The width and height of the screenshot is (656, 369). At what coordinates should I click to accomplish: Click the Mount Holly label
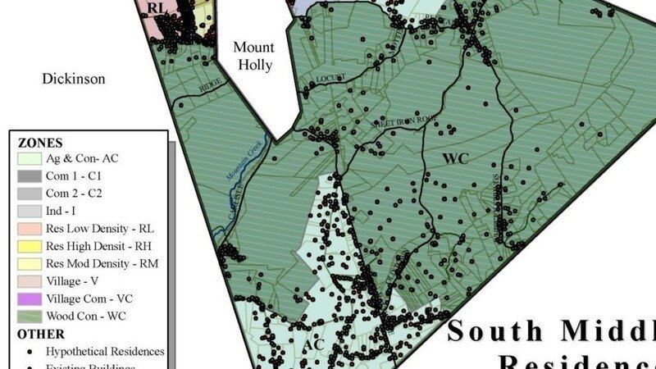coord(253,56)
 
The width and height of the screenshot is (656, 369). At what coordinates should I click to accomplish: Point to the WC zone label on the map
coord(455,157)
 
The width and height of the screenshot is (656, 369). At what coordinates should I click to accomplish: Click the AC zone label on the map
coord(315,344)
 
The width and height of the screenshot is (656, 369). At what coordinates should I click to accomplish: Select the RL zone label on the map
coord(157,7)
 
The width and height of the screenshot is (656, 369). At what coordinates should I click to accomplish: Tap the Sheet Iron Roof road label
coord(391,121)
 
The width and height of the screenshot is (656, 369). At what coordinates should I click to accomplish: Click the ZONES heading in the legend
coord(40,142)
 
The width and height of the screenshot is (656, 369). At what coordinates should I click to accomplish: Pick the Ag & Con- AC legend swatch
coord(29,158)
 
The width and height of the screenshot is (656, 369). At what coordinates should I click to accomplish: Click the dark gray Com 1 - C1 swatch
coord(29,175)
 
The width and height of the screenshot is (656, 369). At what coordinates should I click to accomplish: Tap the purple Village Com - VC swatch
coord(29,298)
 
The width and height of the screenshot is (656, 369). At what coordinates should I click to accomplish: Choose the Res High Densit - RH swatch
coord(29,245)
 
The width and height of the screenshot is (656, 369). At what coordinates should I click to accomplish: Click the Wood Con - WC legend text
coord(87,316)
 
